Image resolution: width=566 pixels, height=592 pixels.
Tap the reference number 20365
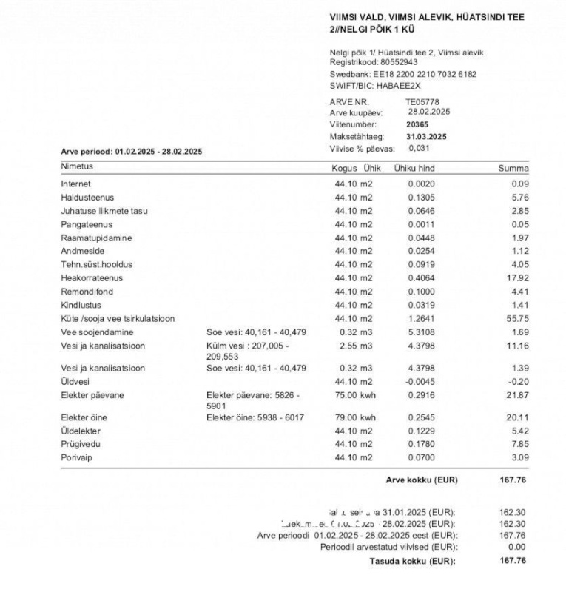click(417, 125)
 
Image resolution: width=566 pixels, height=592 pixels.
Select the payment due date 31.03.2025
click(426, 137)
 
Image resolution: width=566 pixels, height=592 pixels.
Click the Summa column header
click(513, 168)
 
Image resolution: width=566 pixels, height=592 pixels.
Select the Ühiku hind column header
click(414, 168)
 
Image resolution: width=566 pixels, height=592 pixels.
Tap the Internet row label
click(76, 184)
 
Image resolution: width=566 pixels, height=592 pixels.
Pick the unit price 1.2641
click(420, 319)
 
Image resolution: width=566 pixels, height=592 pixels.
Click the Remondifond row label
click(87, 292)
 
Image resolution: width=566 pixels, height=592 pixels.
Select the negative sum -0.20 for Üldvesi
click(519, 381)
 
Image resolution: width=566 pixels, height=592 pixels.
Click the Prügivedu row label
click(81, 444)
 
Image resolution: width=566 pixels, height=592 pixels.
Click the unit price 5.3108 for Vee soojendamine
click(420, 332)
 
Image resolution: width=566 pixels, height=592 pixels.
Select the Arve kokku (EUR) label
click(422, 480)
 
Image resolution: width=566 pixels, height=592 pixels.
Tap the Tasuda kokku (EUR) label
click(412, 561)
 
